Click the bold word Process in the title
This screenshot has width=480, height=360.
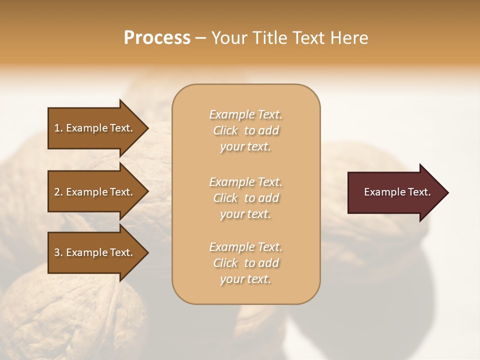(x=157, y=38)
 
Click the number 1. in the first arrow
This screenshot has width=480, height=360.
(x=58, y=128)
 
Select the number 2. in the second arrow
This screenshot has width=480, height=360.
(x=58, y=192)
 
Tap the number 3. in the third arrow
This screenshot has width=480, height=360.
(x=58, y=252)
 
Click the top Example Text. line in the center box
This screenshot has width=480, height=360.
(x=245, y=114)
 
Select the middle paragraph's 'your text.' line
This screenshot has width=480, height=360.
(x=245, y=214)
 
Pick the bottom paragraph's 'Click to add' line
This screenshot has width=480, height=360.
(x=245, y=263)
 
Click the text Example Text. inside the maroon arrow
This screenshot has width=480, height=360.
(x=397, y=192)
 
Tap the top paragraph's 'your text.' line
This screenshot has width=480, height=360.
(x=245, y=147)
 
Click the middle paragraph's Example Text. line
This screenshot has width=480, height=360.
(x=245, y=181)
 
